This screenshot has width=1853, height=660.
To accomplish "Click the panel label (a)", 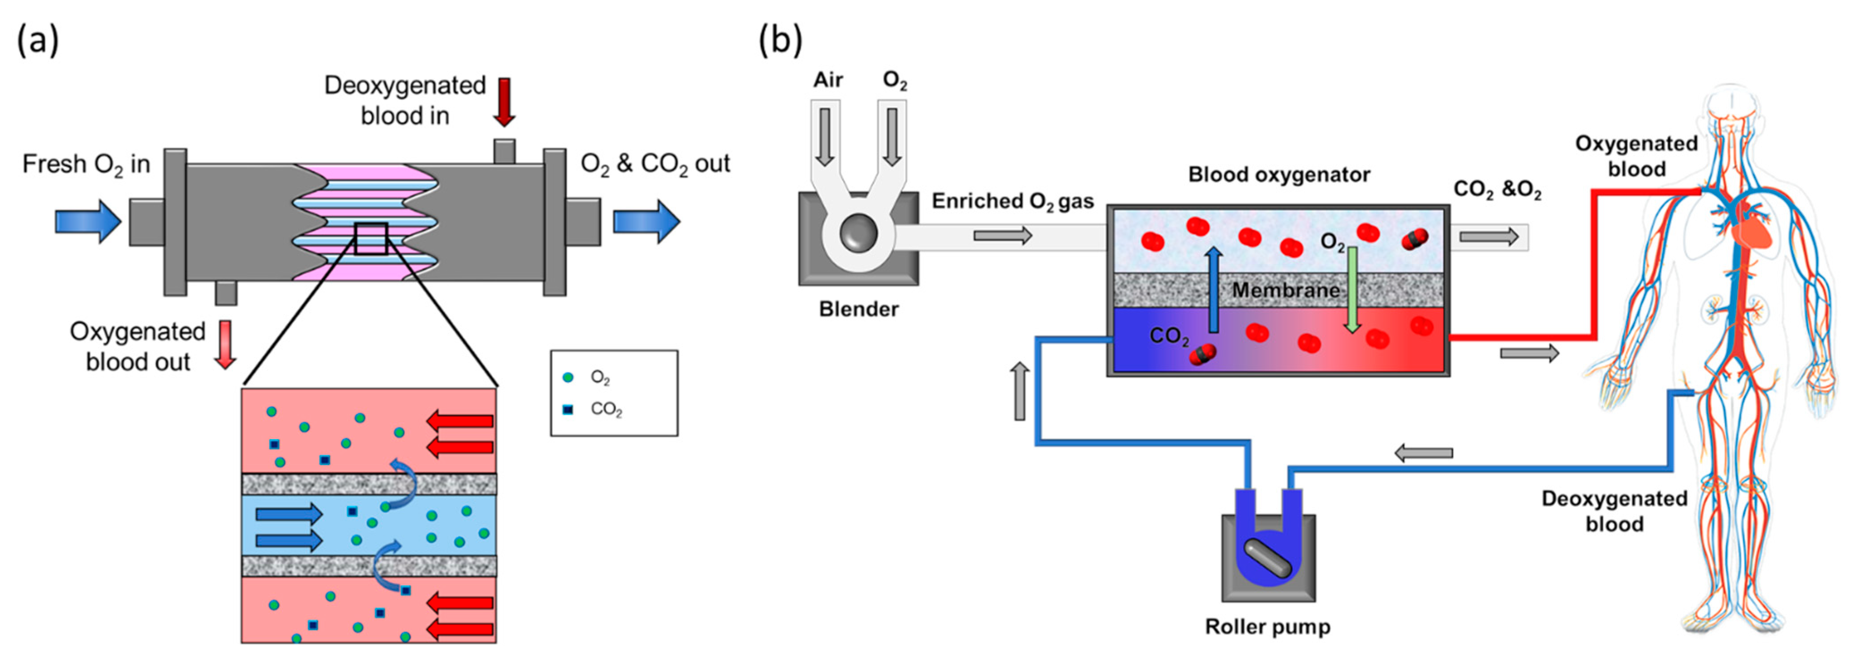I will [x=38, y=40].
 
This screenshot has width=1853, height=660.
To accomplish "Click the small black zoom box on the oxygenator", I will [x=371, y=239].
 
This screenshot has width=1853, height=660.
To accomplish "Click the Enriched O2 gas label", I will [x=1013, y=201].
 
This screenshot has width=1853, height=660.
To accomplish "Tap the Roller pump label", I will [x=1268, y=627].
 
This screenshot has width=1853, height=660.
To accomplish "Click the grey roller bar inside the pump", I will [x=1268, y=559].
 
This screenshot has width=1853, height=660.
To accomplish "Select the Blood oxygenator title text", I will [x=1279, y=175].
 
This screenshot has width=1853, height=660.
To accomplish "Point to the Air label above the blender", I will [x=828, y=80].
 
